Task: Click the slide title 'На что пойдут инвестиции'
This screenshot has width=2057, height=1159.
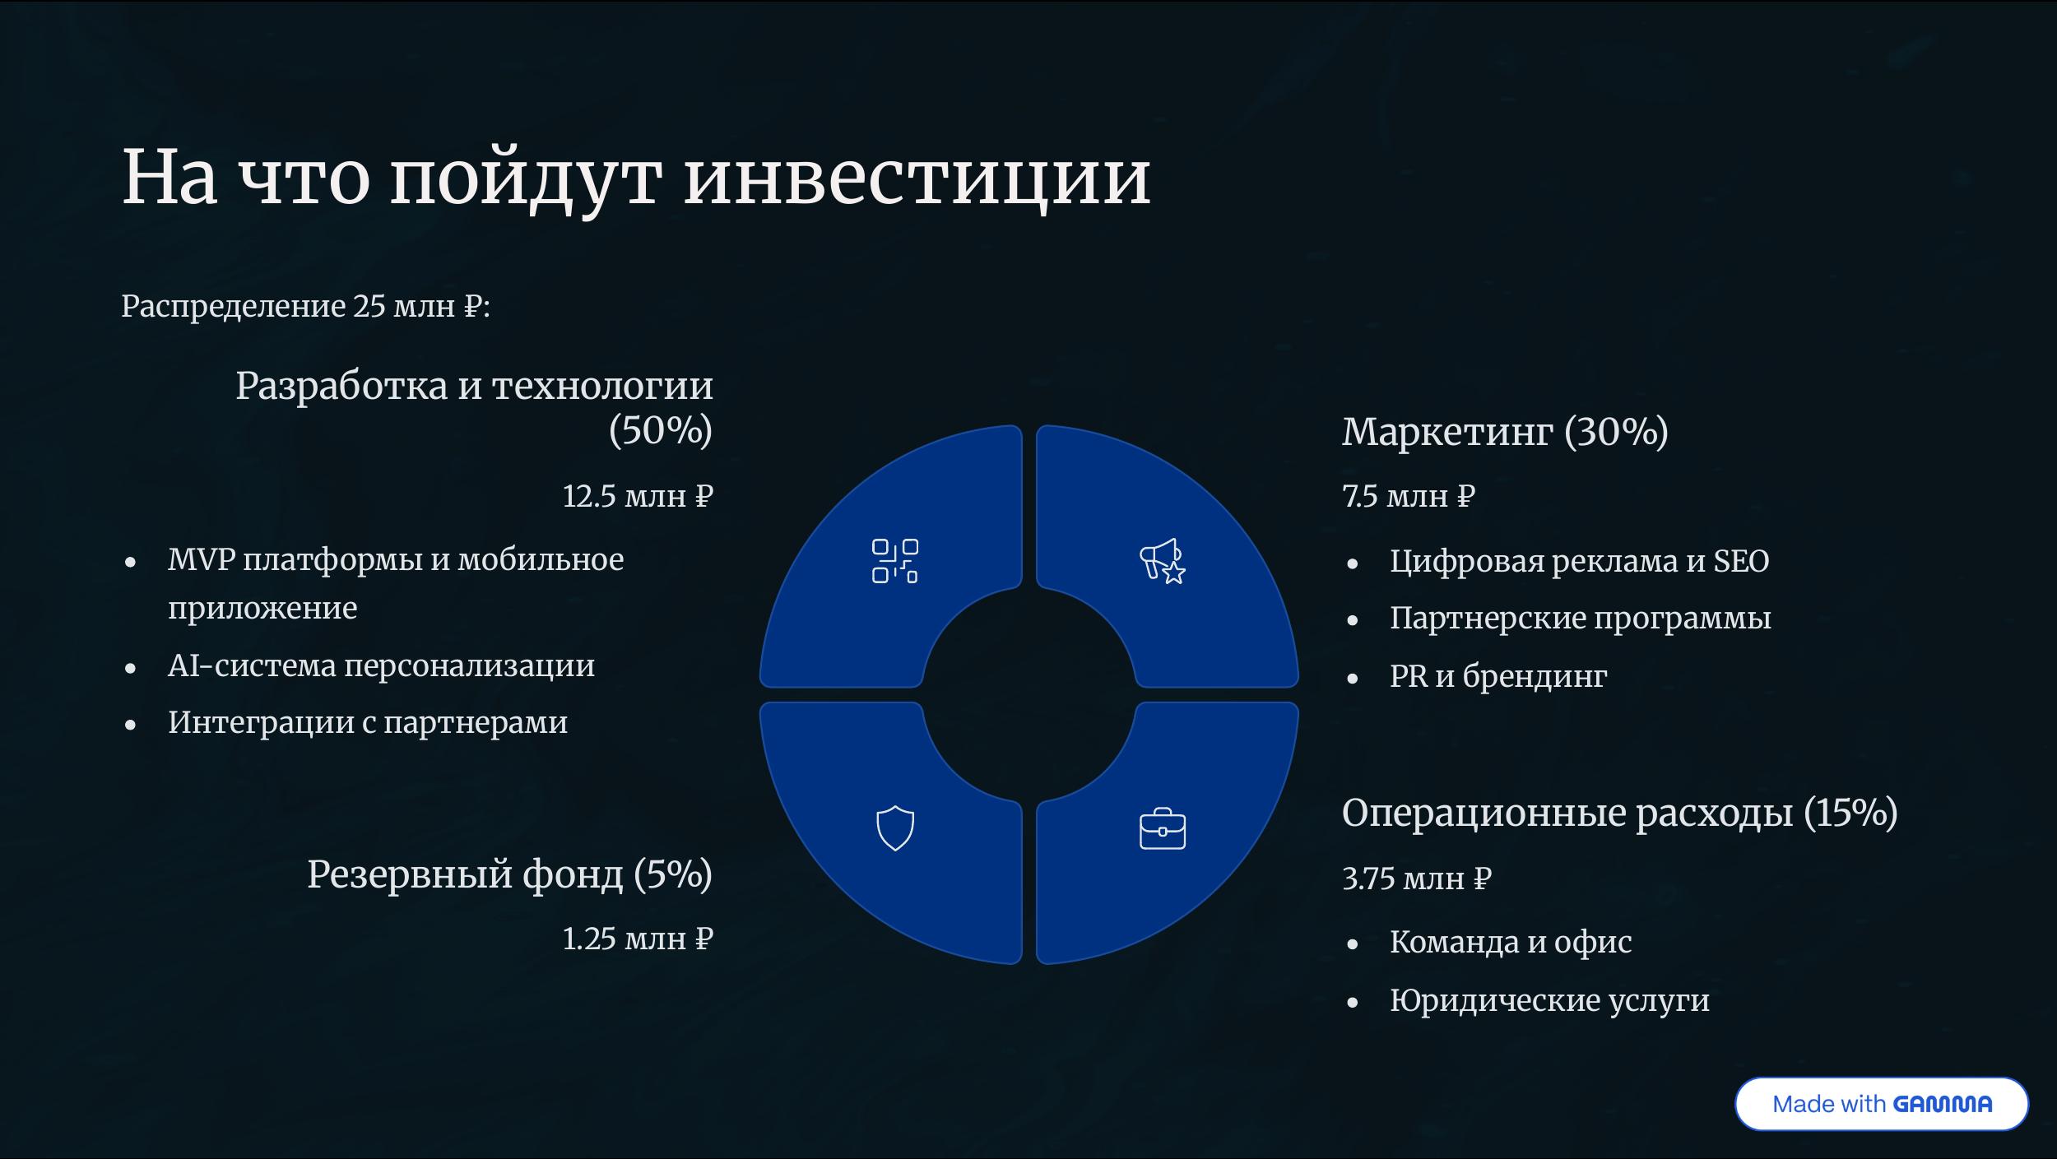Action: click(x=636, y=178)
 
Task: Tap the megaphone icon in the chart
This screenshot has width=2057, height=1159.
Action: click(x=1162, y=561)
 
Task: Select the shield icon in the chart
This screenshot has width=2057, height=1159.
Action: click(x=895, y=828)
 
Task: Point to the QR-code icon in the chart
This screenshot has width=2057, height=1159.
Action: click(x=895, y=561)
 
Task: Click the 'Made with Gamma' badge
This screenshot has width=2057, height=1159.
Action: click(x=1881, y=1104)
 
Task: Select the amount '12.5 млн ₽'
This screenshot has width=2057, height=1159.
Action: click(x=638, y=496)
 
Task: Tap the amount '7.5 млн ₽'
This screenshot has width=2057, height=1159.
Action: click(x=1409, y=496)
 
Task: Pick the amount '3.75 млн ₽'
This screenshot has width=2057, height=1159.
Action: click(x=1417, y=879)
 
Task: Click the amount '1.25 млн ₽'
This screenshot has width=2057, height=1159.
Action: click(x=638, y=939)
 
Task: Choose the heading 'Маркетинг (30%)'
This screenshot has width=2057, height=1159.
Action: click(x=1505, y=432)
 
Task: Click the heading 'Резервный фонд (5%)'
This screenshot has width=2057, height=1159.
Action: click(x=510, y=874)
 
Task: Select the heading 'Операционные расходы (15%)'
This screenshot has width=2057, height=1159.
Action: click(x=1620, y=813)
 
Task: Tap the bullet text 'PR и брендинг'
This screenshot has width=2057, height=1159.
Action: click(x=1498, y=676)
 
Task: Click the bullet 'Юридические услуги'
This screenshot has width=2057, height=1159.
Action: click(x=1549, y=1000)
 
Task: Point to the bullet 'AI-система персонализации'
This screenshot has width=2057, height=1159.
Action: click(x=381, y=665)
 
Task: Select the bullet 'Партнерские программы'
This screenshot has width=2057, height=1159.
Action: click(x=1581, y=618)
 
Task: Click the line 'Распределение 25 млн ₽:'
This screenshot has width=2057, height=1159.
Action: click(x=306, y=306)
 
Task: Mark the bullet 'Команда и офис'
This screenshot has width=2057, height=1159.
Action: click(x=1511, y=943)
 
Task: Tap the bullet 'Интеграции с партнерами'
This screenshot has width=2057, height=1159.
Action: click(x=368, y=722)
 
